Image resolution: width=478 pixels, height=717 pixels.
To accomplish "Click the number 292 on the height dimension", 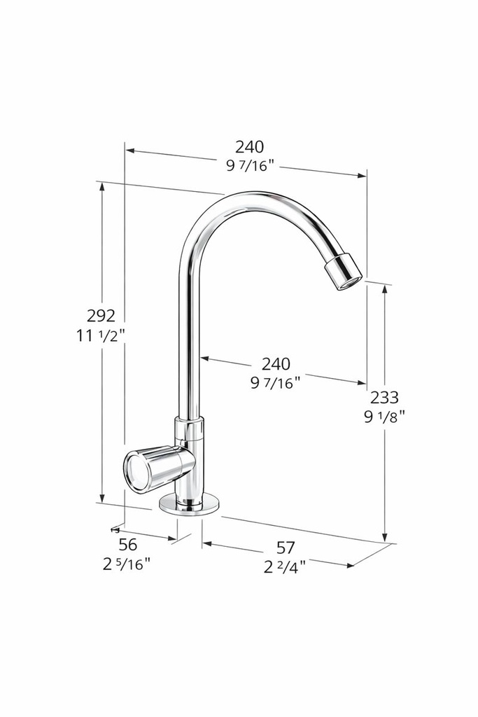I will (101, 315).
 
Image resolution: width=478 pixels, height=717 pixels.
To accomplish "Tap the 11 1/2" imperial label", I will (101, 335).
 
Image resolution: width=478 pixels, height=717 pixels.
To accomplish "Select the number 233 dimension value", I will (384, 398).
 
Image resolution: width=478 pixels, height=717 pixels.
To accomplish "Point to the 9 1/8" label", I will (384, 416).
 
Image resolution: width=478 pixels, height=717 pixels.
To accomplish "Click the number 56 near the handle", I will (127, 545).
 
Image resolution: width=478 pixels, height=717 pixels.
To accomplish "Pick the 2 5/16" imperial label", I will (127, 564).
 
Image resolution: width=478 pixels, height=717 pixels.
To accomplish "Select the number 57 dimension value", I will (286, 548).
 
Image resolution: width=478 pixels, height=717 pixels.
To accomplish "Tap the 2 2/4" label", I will (285, 567).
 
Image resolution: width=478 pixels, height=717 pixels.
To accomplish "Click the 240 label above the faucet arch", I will (250, 147).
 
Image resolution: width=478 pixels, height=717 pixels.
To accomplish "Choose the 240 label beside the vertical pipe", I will (276, 364).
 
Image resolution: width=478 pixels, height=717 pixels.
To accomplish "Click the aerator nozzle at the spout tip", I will (343, 272).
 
